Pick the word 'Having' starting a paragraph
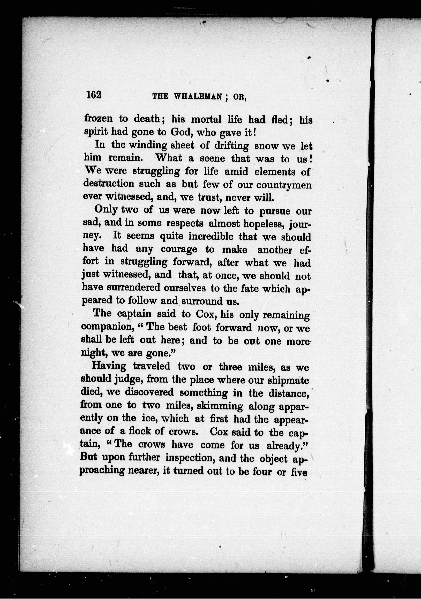109,366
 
